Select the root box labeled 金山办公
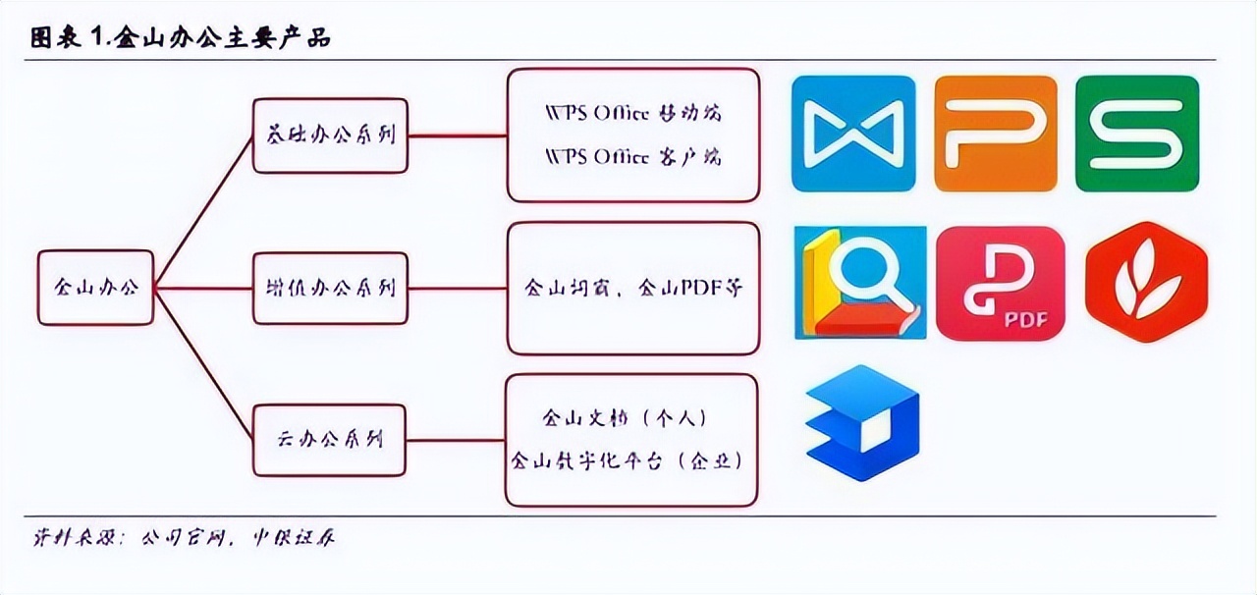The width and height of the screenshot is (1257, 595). coord(95,288)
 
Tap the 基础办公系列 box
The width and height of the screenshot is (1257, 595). coord(330,135)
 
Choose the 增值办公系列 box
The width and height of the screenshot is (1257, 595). coord(330,288)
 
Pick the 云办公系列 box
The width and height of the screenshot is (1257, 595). coord(330,439)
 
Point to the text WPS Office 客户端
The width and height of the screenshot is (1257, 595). coord(633,157)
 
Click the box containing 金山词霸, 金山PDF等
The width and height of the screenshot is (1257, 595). coord(633,288)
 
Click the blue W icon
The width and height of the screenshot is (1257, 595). coord(852,134)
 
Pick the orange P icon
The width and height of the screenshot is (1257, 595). coord(996,134)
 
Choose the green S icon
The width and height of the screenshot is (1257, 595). coord(1137,134)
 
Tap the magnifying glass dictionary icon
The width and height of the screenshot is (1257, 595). coord(860,283)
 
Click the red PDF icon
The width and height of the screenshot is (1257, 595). coord(1000,283)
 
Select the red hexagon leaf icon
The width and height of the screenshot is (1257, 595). coord(1146,283)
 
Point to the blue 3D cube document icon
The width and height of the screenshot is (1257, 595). coord(861,423)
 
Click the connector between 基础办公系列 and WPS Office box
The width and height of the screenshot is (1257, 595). coord(458,135)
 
